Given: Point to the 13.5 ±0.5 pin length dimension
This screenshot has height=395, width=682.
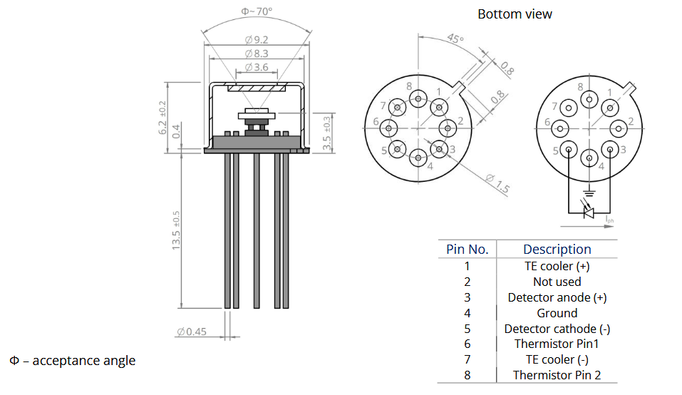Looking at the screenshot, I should click(176, 229).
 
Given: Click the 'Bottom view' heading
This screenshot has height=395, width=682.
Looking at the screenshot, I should click(515, 14).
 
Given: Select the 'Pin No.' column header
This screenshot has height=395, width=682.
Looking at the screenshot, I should click(467, 249).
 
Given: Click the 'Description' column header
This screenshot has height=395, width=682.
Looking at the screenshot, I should click(557, 249).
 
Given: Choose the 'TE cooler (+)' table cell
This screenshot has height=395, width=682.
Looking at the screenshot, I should click(557, 266).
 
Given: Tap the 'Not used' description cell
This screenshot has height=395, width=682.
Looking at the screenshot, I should click(557, 282).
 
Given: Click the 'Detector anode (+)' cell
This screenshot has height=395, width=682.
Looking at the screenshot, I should click(557, 297).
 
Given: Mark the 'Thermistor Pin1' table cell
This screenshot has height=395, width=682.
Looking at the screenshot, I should click(557, 344).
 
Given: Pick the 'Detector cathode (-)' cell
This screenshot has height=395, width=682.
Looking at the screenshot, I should click(557, 329).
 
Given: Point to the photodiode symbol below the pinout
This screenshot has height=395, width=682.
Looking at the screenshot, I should click(589, 212).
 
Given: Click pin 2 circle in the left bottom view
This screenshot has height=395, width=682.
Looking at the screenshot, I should click(448, 128).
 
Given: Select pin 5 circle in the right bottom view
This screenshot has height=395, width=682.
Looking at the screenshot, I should click(569, 150).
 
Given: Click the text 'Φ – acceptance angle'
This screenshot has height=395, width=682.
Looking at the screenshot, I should click(72, 360).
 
